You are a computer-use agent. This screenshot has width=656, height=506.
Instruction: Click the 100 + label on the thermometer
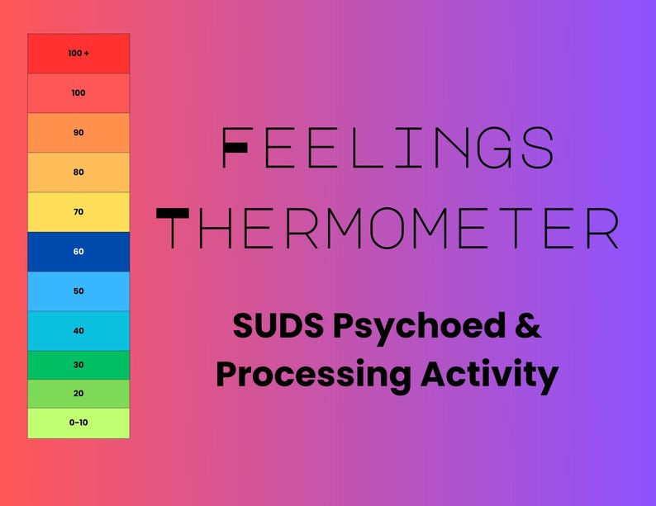click(x=78, y=54)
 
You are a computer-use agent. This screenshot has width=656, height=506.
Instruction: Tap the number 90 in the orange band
click(x=78, y=133)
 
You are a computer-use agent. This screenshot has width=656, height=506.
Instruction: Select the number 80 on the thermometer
click(x=78, y=173)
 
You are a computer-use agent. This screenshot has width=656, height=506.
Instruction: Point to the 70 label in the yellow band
click(x=78, y=212)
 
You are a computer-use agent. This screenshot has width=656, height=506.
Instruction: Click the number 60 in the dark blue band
click(x=78, y=252)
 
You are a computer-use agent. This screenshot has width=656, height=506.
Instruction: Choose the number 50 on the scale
click(x=78, y=291)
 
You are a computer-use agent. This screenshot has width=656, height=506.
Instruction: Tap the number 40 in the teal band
click(x=78, y=331)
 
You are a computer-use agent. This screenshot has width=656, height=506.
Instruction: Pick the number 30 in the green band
click(x=78, y=365)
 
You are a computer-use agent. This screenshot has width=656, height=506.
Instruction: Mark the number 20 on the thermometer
click(x=78, y=394)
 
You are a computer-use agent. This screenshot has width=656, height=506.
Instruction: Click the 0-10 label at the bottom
click(x=78, y=423)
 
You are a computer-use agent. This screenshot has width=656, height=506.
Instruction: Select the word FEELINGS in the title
click(x=388, y=149)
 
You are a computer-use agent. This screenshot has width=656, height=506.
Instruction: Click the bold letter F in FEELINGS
click(x=237, y=149)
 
